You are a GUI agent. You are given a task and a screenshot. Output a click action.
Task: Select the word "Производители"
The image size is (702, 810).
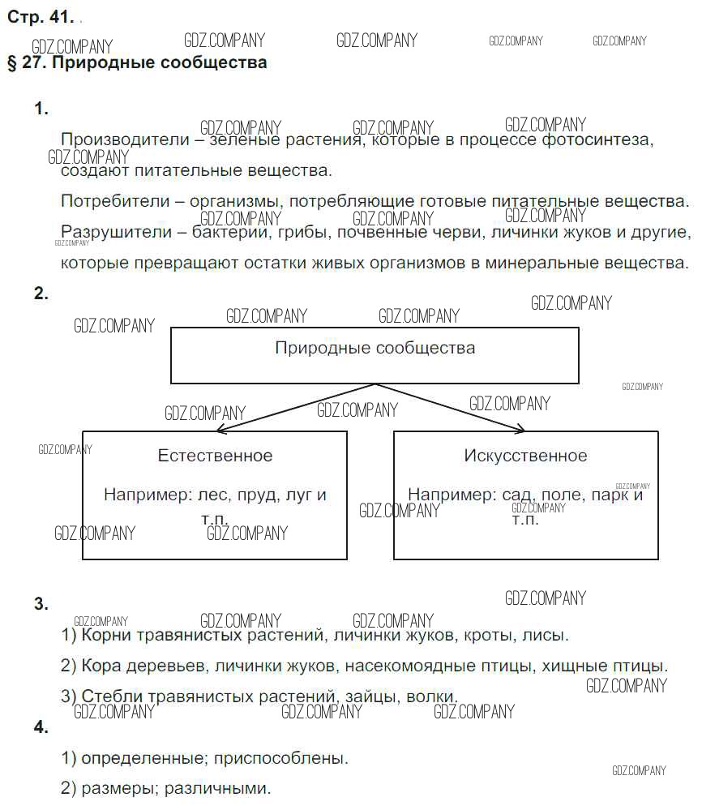click(x=113, y=139)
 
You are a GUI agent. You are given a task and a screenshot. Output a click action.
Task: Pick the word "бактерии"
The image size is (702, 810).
click(x=228, y=233)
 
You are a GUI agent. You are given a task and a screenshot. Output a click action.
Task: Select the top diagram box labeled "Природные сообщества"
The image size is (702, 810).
click(x=375, y=355)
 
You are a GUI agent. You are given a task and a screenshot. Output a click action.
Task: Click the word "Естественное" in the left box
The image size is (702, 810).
click(x=215, y=456)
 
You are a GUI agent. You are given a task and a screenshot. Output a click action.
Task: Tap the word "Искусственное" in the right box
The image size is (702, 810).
click(x=525, y=456)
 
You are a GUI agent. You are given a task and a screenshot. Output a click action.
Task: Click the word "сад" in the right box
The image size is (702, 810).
click(x=516, y=495)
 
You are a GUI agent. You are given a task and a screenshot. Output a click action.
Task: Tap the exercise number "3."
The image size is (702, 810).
click(x=41, y=604)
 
